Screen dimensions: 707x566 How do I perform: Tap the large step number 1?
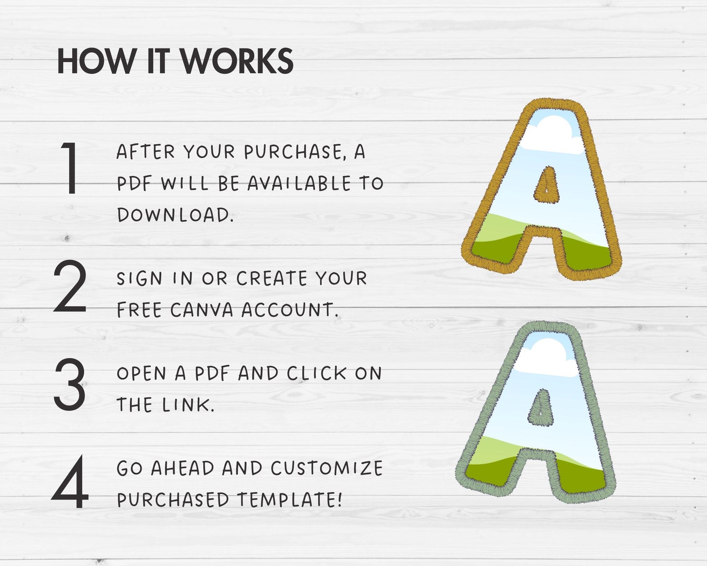(x=70, y=168)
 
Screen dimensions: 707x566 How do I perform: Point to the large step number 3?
(x=70, y=384)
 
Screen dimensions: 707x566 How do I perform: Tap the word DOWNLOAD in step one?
(x=175, y=214)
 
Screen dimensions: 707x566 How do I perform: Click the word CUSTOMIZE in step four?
(x=327, y=468)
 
